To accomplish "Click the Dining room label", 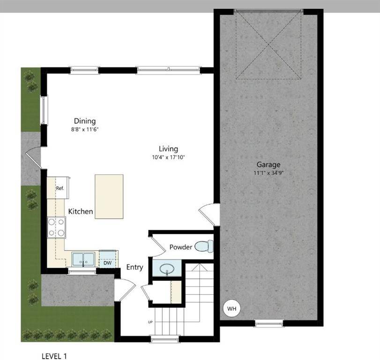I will [x=84, y=121].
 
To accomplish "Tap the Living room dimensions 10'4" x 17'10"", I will [x=168, y=157].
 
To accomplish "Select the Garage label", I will [x=268, y=165].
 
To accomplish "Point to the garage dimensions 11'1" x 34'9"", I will [x=268, y=172].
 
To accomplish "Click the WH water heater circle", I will [x=231, y=308].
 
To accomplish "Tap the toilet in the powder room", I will [x=204, y=246].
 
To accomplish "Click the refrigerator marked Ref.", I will [x=60, y=188].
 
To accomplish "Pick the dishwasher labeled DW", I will [x=107, y=262].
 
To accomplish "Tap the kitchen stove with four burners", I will [x=57, y=228].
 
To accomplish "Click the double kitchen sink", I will [x=83, y=259].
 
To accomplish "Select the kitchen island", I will [x=109, y=196].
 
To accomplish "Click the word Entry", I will [x=134, y=267].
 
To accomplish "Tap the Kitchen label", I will [x=81, y=212].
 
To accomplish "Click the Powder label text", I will [x=180, y=247].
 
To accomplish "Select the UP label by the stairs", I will [x=150, y=322].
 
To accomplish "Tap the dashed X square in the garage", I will [x=268, y=45].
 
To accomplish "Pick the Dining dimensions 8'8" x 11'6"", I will [x=84, y=129].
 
